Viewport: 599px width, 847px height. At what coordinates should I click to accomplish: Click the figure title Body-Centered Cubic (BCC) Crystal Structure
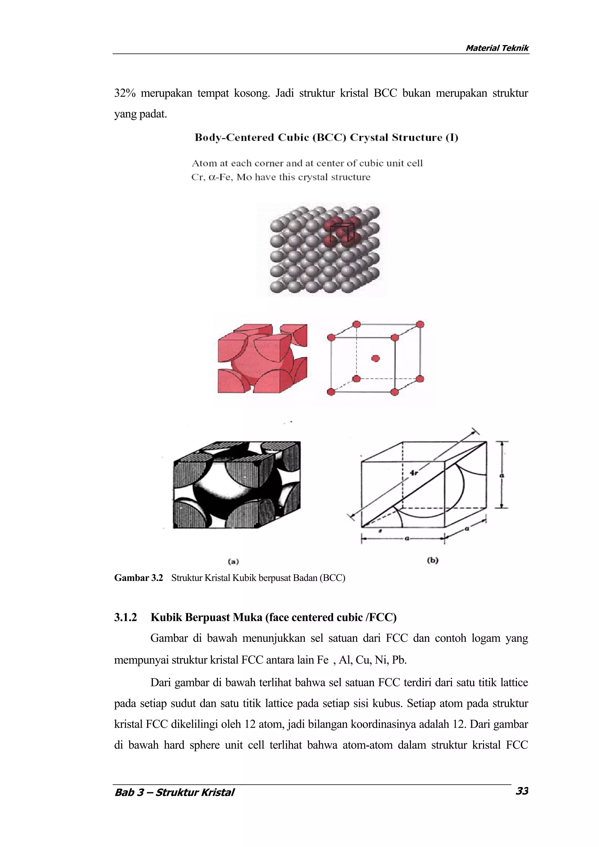tap(326, 138)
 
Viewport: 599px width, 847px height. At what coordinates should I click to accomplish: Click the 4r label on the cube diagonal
tap(414, 473)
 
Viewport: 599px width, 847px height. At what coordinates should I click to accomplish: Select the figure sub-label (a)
tap(233, 561)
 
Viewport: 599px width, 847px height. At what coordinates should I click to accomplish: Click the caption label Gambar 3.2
tap(138, 578)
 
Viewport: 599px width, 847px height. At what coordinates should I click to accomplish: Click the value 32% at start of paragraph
tap(125, 93)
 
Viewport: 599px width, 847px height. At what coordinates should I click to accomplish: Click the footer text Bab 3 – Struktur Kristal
tap(174, 792)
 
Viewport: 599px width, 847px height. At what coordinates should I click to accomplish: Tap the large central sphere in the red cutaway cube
tap(255, 365)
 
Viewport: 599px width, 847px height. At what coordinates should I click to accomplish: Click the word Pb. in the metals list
tap(399, 660)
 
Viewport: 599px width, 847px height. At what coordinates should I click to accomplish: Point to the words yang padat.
tap(141, 114)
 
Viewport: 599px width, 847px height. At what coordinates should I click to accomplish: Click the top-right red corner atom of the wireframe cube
tap(420, 324)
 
